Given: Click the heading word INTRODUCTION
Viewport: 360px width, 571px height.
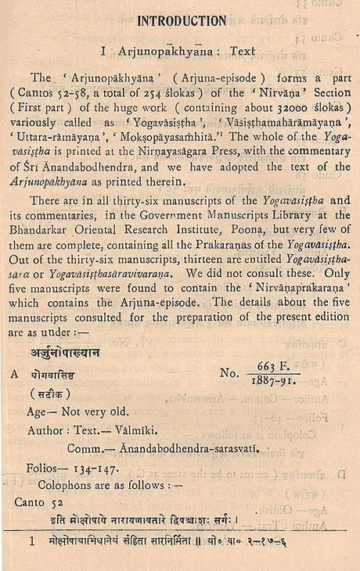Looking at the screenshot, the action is pos(182,20).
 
